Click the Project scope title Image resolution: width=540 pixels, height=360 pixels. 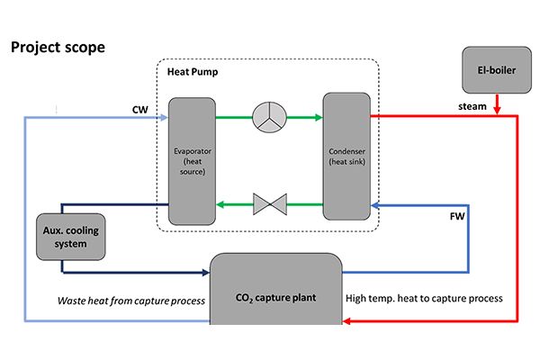57,45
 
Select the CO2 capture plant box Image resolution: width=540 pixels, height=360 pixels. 276,297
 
